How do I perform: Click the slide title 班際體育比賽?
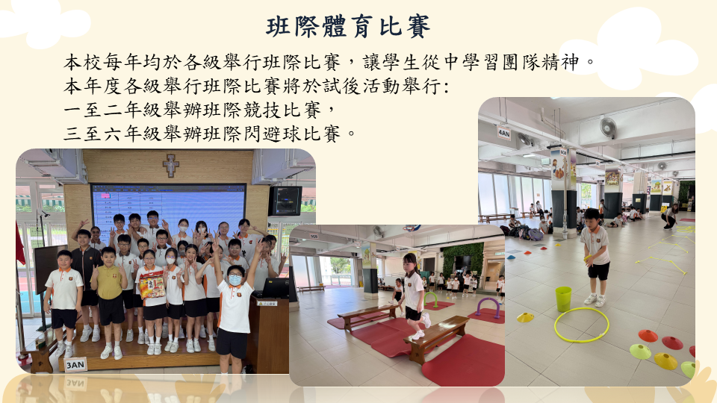pyautogui.click(x=348, y=26)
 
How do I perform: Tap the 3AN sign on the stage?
pyautogui.click(x=75, y=365)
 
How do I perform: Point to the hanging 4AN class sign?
pyautogui.click(x=503, y=133)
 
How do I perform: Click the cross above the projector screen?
pyautogui.click(x=170, y=165)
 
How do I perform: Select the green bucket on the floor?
pyautogui.click(x=563, y=299)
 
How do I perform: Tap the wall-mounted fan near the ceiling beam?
pyautogui.click(x=608, y=128)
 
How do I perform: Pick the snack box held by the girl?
pyautogui.click(x=152, y=284)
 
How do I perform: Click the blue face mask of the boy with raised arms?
pyautogui.click(x=235, y=280)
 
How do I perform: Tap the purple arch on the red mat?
pyautogui.click(x=488, y=307)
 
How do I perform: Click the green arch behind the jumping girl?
pyautogui.click(x=430, y=299)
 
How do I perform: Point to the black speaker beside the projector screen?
pyautogui.click(x=285, y=201)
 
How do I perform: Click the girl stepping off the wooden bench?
pyautogui.click(x=414, y=296)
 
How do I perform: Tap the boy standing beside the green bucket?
pyautogui.click(x=595, y=257)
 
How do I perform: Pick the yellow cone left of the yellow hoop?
pyautogui.click(x=525, y=317)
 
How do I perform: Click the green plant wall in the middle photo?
pyautogui.click(x=463, y=259)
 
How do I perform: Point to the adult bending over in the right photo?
pyautogui.click(x=670, y=216)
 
